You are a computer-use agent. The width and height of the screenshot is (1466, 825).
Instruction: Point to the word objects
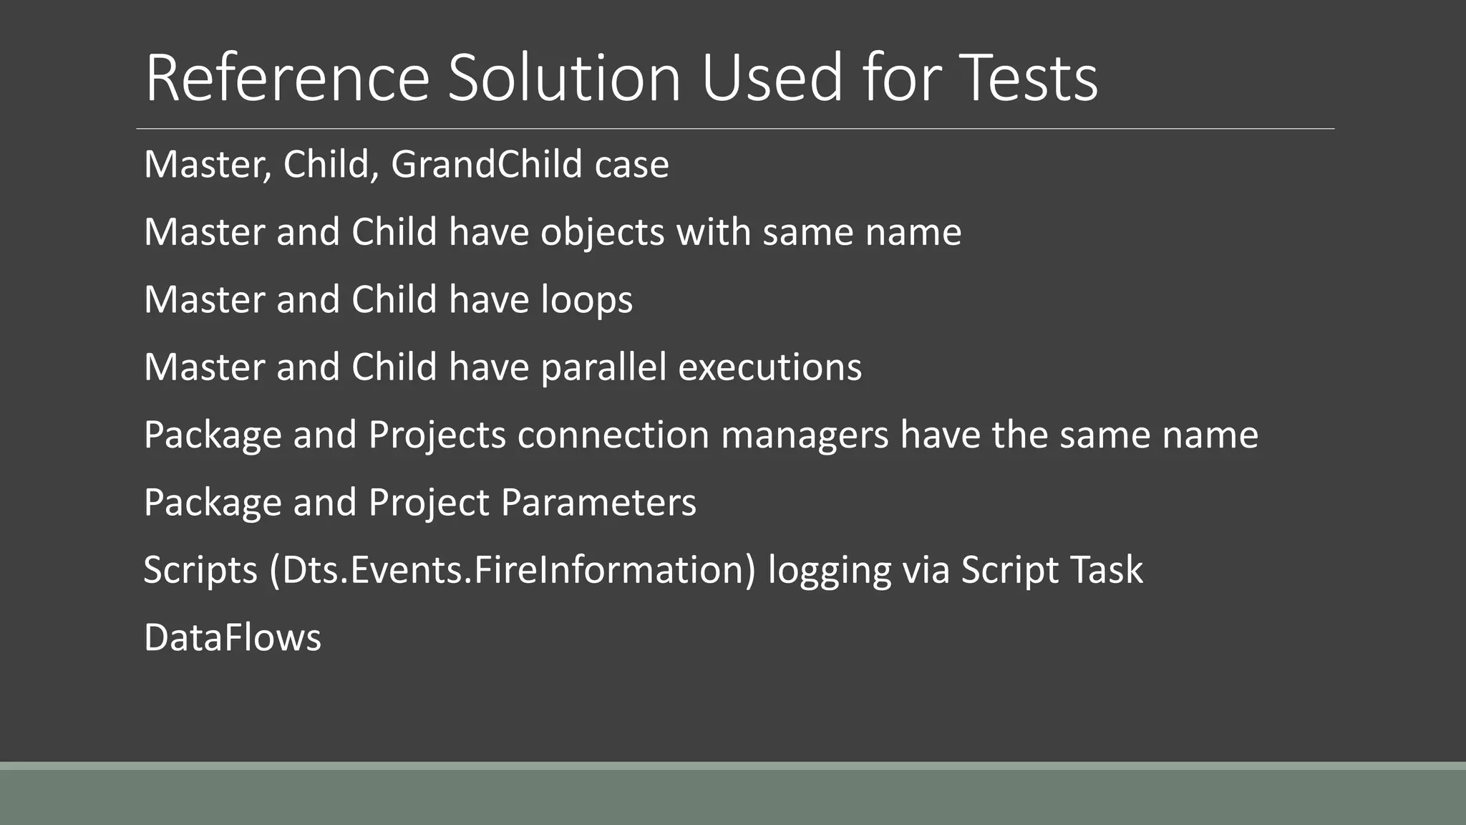point(602,233)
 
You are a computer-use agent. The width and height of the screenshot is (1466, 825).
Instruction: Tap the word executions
point(770,367)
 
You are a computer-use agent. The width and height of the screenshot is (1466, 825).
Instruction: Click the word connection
point(613,435)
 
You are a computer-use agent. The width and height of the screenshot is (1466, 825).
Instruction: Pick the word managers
point(805,435)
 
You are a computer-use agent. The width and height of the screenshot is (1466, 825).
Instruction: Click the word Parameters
point(598,503)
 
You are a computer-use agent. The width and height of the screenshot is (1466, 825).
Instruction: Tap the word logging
point(829,571)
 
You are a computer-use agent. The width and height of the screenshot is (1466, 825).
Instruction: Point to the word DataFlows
point(233,638)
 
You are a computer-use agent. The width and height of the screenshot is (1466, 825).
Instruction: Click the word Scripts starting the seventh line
point(200,571)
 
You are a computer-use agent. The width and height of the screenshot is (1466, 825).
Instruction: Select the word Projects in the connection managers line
point(437,435)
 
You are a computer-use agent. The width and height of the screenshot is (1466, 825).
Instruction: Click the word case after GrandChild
point(631,165)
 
